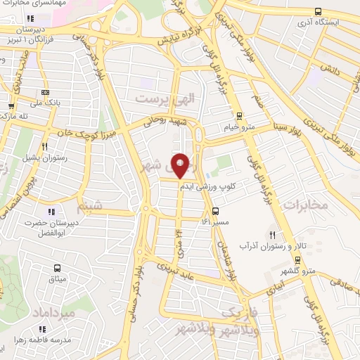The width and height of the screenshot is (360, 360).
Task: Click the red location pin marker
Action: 181,166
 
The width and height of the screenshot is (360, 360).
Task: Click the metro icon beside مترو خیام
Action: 240,116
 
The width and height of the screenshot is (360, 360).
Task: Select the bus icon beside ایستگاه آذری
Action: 319,12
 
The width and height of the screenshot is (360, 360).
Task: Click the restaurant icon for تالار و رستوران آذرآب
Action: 271,235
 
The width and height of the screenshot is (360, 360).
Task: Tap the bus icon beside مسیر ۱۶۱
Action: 216,210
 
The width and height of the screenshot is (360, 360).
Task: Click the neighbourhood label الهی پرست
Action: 163,99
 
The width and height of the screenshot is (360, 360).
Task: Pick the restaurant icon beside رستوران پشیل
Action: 44,147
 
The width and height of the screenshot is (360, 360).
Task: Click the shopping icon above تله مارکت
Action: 9,105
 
